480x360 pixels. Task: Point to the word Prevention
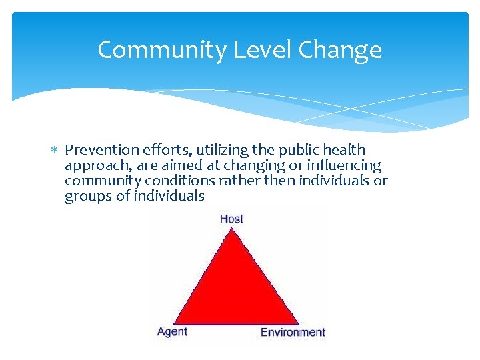pos(98,150)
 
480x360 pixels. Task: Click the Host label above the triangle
pos(231,219)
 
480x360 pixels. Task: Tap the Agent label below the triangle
pos(172,331)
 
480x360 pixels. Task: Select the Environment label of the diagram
pos(293,332)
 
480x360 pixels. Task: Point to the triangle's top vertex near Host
pos(232,229)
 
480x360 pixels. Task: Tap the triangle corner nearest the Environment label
pos(297,323)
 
